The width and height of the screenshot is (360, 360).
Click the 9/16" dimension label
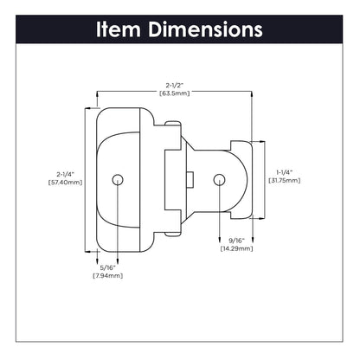click(236, 240)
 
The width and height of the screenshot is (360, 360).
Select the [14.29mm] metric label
click(236, 248)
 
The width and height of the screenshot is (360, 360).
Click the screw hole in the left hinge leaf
click(119, 179)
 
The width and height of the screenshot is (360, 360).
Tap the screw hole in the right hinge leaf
click(219, 179)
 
